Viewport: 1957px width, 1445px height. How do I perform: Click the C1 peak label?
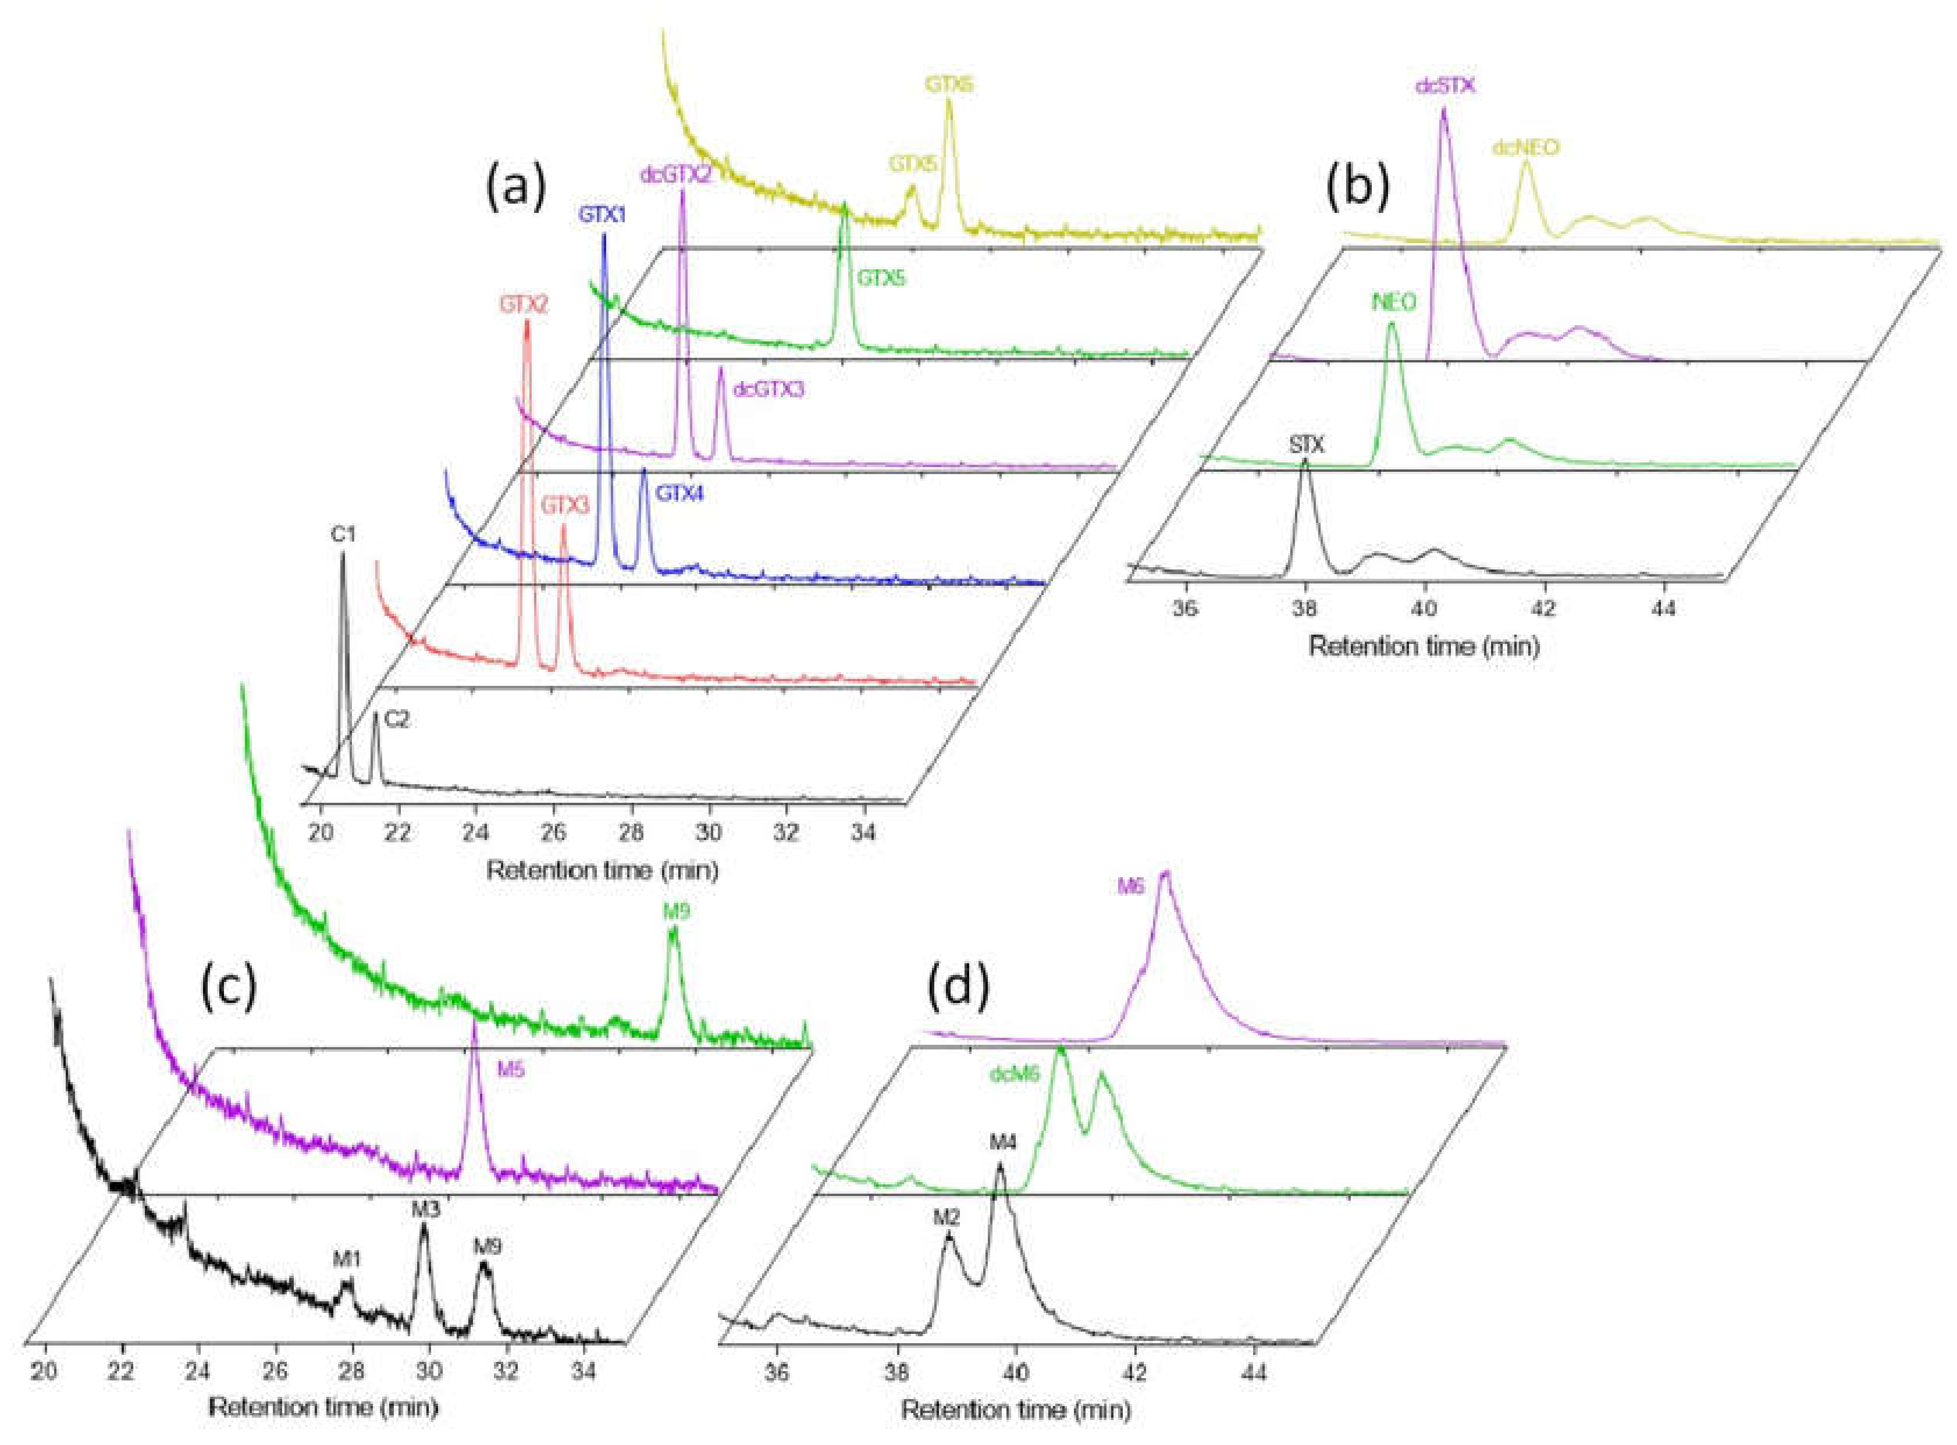click(x=343, y=535)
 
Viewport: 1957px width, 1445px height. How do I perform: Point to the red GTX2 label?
click(x=524, y=304)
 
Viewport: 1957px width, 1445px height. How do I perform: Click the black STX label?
click(x=1307, y=445)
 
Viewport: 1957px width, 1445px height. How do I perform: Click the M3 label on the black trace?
click(x=425, y=1210)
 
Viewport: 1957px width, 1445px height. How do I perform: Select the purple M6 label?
click(x=1130, y=886)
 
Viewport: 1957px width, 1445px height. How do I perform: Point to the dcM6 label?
click(x=1015, y=1074)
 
